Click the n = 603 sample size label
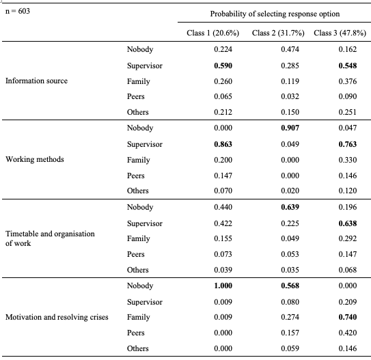click(x=18, y=11)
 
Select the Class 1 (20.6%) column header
click(x=212, y=33)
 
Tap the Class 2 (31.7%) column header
click(x=278, y=33)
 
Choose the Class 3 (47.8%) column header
click(x=340, y=33)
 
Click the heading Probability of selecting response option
click(x=275, y=14)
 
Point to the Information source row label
click(x=36, y=81)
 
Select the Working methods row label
click(x=35, y=159)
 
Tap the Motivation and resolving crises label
click(x=57, y=317)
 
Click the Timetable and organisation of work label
click(x=50, y=238)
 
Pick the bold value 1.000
click(x=223, y=286)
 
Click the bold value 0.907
click(x=290, y=128)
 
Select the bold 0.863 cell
click(x=223, y=144)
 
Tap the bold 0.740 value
click(x=348, y=317)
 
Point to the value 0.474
click(x=290, y=49)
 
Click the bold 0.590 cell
click(x=223, y=66)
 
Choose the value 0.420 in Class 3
click(x=348, y=333)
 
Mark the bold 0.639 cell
click(x=290, y=207)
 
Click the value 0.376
click(x=348, y=81)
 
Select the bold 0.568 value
click(x=290, y=286)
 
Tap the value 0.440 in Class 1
click(x=223, y=207)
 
